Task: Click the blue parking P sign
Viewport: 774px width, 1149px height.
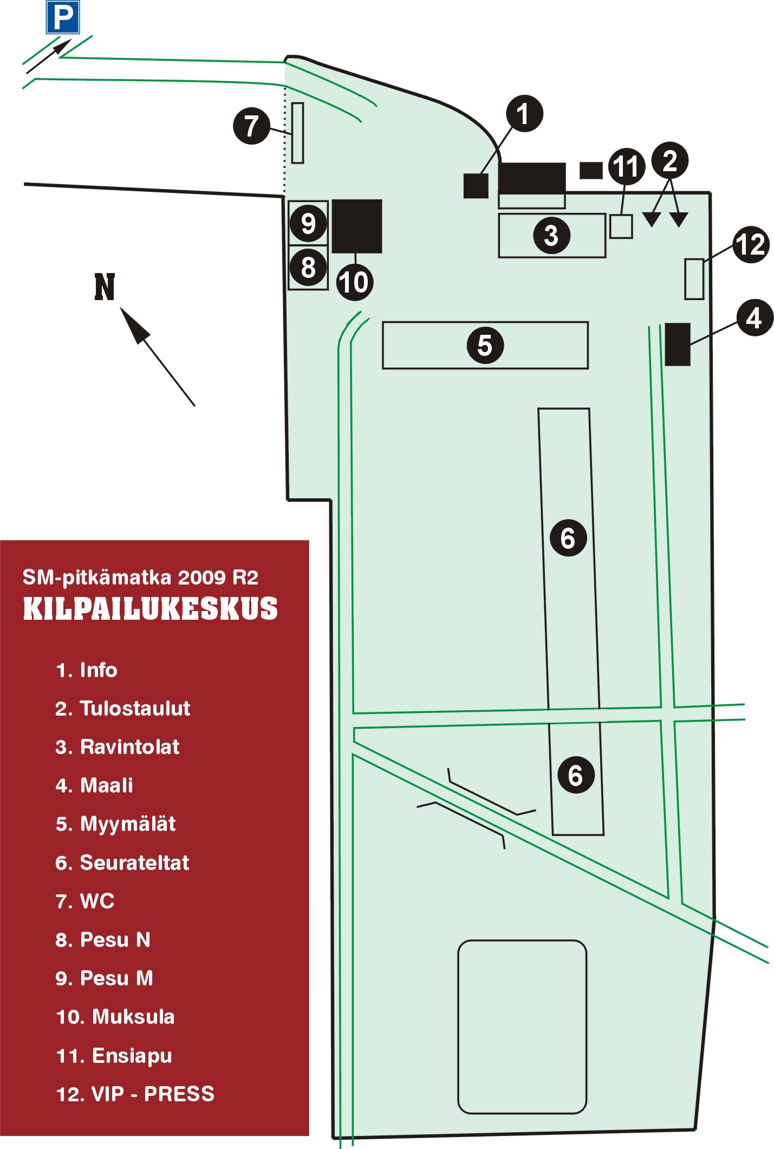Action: point(63,17)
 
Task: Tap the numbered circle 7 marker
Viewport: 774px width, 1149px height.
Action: point(251,126)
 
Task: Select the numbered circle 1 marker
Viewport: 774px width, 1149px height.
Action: point(524,114)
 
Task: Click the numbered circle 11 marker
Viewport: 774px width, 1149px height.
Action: point(627,166)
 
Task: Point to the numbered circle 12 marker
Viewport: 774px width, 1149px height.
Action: point(751,245)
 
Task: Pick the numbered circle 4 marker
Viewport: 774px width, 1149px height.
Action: point(755,318)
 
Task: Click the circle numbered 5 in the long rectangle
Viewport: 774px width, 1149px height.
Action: point(485,345)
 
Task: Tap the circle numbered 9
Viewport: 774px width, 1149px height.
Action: point(308,223)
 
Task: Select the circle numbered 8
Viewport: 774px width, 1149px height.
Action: point(308,267)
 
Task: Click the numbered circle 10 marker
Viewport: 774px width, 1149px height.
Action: point(354,282)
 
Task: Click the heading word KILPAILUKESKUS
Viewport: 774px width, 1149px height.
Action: point(150,609)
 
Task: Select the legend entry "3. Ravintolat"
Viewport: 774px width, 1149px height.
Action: point(118,747)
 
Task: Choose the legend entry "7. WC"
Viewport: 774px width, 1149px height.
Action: point(85,901)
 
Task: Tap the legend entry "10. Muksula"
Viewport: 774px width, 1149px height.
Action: point(115,1017)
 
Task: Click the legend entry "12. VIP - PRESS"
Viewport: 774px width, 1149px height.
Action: point(135,1094)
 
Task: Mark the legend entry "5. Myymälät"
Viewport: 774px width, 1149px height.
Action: point(115,824)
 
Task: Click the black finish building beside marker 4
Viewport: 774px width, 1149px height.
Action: point(677,344)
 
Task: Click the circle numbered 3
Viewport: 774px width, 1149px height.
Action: point(551,236)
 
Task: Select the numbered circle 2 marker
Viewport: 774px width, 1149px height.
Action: point(670,161)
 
